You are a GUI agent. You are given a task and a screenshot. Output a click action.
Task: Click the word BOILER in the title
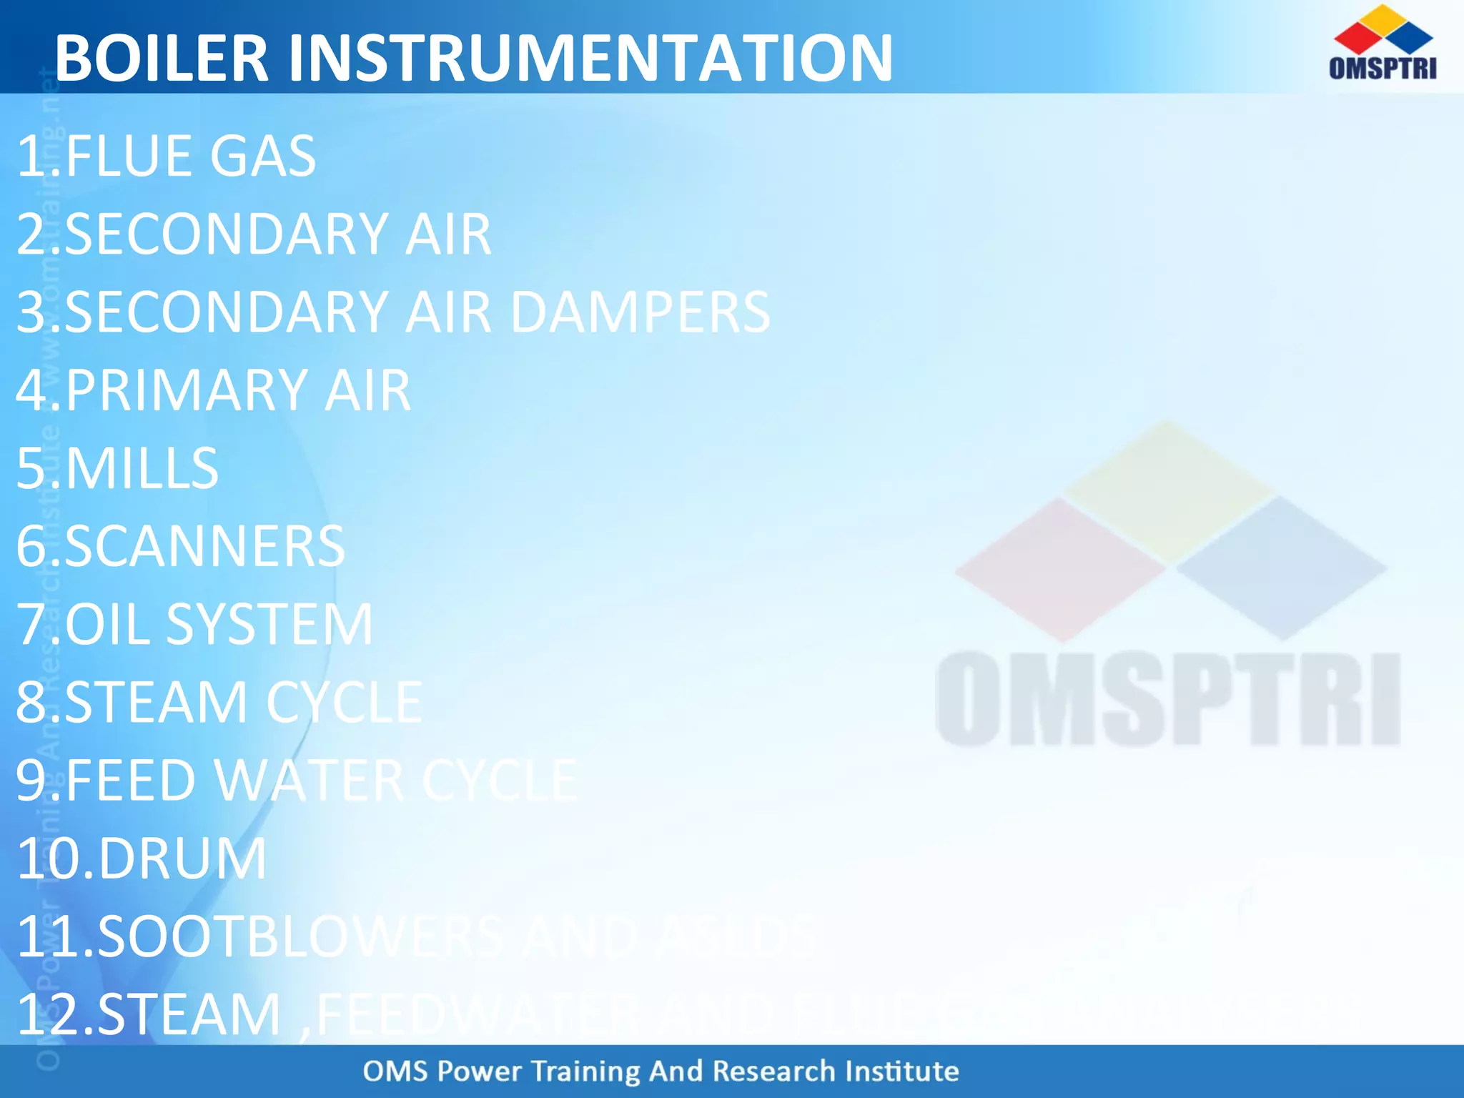coord(162,59)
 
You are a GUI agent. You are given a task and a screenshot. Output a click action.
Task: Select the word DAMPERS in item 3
coord(640,313)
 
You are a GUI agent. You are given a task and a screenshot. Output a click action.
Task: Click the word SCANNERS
coord(204,547)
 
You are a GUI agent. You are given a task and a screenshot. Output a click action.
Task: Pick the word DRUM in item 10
coord(182,859)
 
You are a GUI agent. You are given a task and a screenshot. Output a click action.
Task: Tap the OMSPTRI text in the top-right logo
coord(1383,68)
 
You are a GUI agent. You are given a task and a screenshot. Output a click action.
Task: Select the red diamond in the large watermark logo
coord(1060,570)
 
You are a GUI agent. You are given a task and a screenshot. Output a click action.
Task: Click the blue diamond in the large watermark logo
coord(1282,568)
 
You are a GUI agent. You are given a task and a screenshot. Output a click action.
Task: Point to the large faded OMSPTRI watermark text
coord(1167,699)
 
